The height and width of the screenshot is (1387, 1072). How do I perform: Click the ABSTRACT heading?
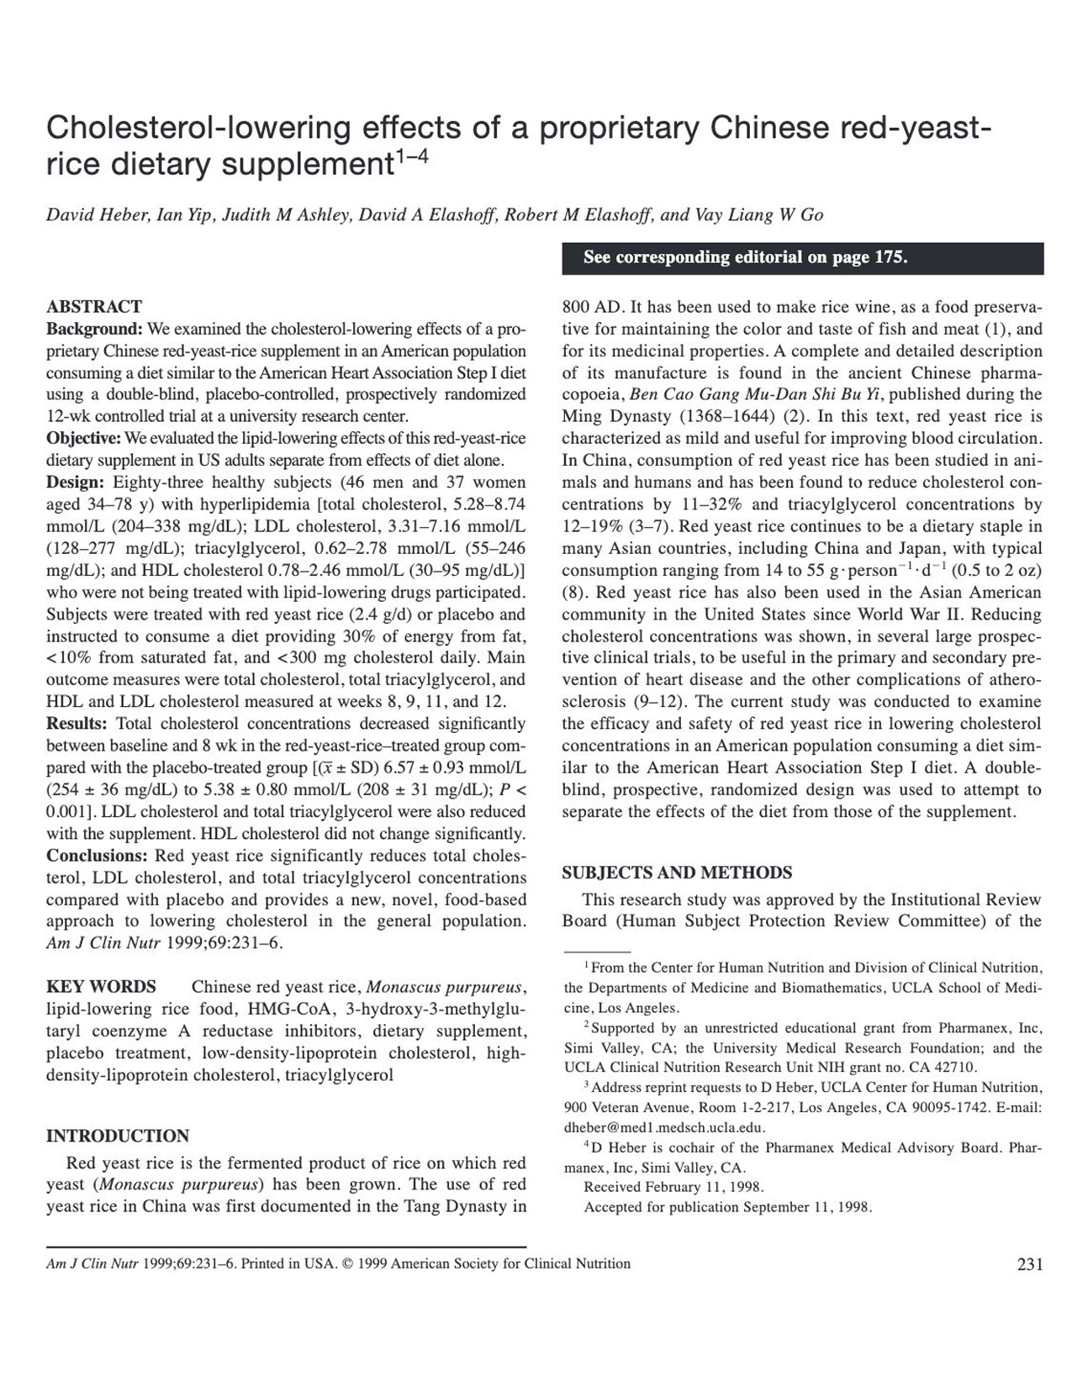[x=94, y=306]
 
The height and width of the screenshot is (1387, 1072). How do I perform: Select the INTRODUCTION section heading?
[x=118, y=1136]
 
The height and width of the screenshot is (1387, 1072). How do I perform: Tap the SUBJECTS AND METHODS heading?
[x=677, y=873]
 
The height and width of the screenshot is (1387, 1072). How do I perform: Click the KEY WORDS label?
[x=101, y=987]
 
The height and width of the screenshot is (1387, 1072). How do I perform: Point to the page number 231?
[x=1030, y=1264]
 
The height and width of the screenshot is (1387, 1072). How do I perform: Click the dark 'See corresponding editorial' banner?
[x=802, y=258]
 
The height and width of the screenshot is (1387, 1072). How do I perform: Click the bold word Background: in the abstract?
[x=94, y=329]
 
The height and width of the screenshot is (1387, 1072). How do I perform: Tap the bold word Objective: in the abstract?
[x=84, y=438]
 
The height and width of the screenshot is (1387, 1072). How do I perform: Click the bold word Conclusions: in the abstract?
[x=97, y=856]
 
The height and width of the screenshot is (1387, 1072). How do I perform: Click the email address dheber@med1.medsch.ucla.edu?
[x=664, y=1128]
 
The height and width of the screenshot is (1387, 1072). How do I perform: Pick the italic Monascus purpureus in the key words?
[x=446, y=987]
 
